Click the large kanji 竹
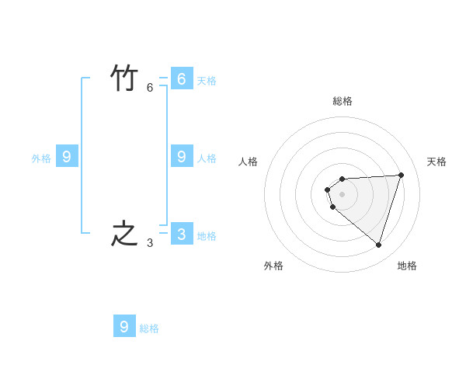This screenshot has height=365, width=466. (x=124, y=78)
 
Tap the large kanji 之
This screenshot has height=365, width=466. (x=124, y=235)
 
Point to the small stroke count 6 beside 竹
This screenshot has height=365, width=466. (x=150, y=88)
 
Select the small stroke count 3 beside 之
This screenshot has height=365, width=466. (x=150, y=243)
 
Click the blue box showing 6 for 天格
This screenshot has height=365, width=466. (x=182, y=78)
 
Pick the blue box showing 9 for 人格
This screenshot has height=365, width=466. (x=182, y=156)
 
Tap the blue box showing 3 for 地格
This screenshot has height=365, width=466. (x=182, y=234)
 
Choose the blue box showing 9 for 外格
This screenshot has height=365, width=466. (x=67, y=157)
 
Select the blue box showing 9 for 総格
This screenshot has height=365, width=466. (x=124, y=326)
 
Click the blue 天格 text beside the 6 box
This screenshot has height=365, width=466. (x=207, y=81)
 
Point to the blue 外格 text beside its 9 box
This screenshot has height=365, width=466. (x=41, y=158)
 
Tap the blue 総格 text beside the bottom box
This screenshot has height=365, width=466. (x=149, y=328)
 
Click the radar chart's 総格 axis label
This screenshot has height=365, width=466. (x=343, y=101)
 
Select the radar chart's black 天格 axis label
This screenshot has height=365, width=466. (x=436, y=162)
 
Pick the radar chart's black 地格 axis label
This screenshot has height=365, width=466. (x=407, y=266)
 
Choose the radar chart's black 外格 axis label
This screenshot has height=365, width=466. (x=273, y=266)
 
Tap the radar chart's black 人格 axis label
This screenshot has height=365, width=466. (x=248, y=162)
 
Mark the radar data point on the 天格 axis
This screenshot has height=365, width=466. (x=401, y=175)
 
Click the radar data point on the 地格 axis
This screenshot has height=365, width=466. (x=378, y=245)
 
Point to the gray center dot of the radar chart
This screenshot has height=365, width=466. (x=342, y=194)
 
